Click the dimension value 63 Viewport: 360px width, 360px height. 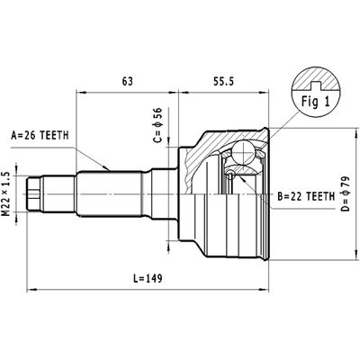click(128, 81)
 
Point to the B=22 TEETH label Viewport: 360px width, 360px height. click(306, 195)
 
